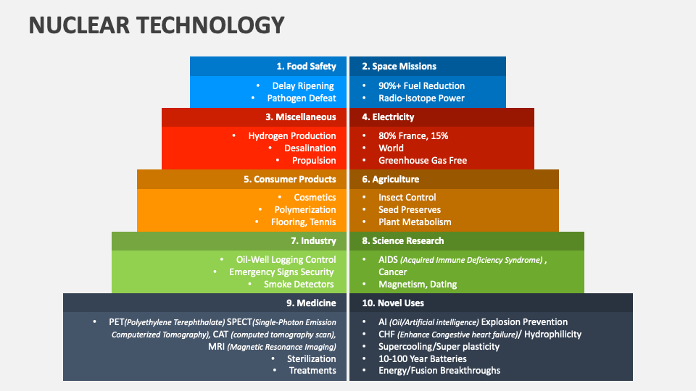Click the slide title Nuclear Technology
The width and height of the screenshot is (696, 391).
(x=156, y=25)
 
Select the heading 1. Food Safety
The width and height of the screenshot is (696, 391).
(x=306, y=67)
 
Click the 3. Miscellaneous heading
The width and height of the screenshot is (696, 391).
(x=300, y=117)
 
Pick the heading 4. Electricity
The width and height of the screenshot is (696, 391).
(x=388, y=117)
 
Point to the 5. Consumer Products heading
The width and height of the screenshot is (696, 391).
(x=289, y=180)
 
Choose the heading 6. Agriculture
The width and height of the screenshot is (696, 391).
(x=390, y=180)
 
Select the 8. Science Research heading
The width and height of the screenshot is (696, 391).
(x=402, y=241)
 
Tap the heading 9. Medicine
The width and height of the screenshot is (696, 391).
(x=310, y=303)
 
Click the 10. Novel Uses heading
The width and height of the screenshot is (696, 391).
(x=392, y=303)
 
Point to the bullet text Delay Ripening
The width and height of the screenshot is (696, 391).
(x=303, y=86)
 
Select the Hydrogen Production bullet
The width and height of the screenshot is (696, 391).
(x=291, y=136)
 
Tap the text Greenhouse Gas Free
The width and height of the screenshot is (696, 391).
(x=423, y=161)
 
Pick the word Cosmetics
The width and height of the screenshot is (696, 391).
(x=315, y=198)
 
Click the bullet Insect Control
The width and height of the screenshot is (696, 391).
(x=407, y=198)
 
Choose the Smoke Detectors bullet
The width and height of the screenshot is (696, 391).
(x=299, y=285)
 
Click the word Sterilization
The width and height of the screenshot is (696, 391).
(x=312, y=358)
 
